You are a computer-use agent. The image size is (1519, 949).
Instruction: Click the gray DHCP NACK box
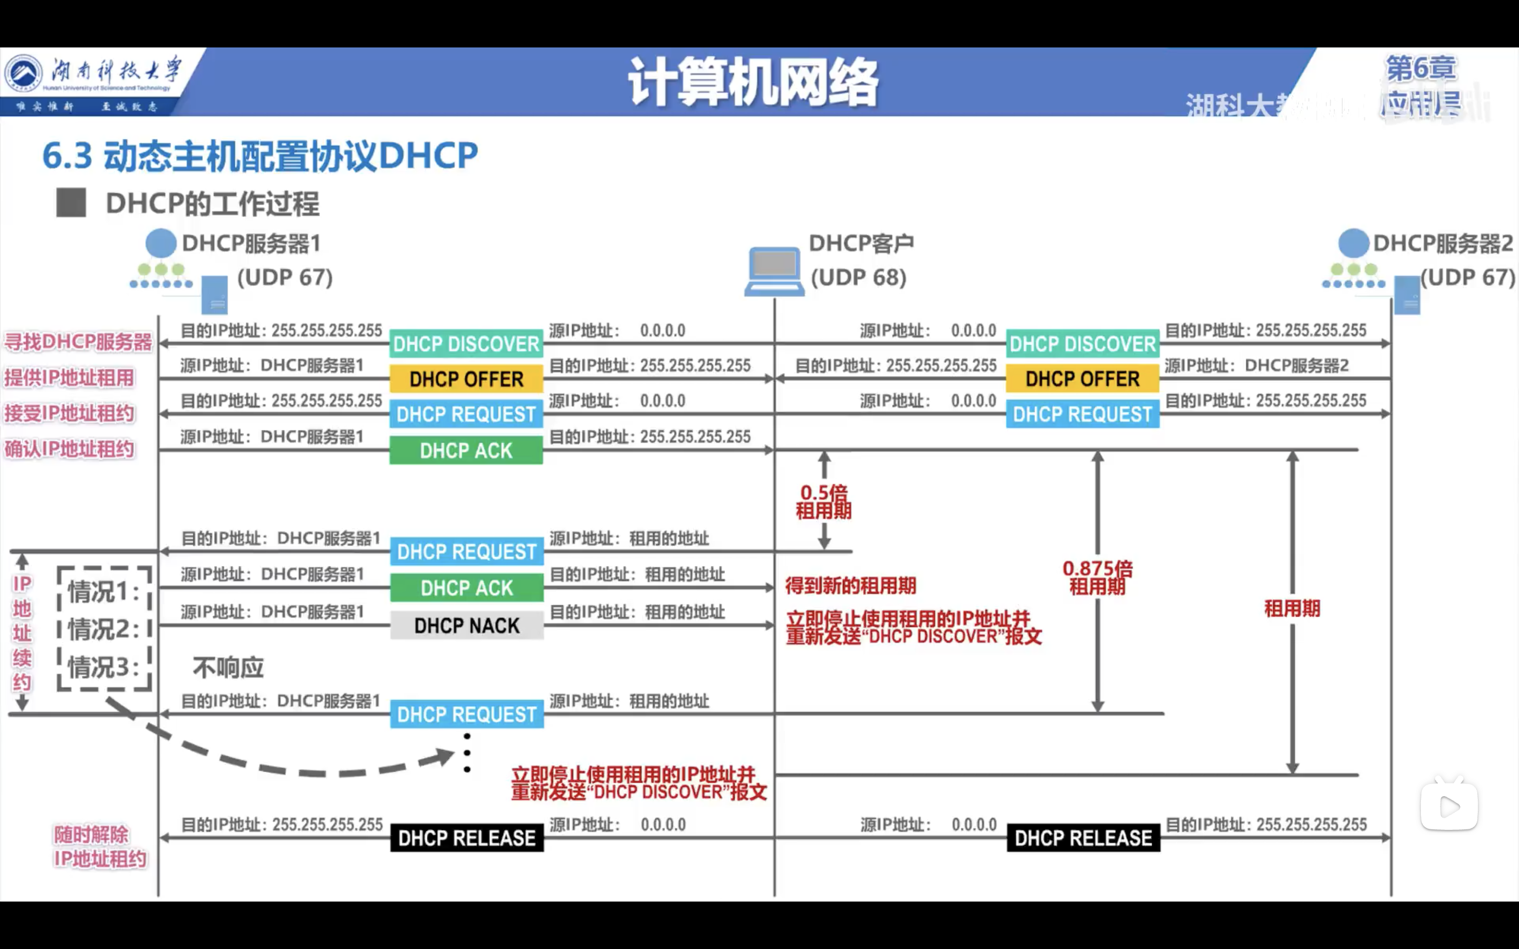pyautogui.click(x=466, y=626)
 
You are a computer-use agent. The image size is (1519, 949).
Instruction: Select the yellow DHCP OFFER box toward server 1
pyautogui.click(x=466, y=379)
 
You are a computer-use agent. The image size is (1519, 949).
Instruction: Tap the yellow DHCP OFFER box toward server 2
pyautogui.click(x=1082, y=379)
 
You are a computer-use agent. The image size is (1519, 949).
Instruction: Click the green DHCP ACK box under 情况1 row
pyautogui.click(x=466, y=588)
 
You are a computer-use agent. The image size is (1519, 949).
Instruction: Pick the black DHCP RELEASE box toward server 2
pyautogui.click(x=1083, y=838)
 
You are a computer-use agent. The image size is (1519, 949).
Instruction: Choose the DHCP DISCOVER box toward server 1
pyautogui.click(x=466, y=344)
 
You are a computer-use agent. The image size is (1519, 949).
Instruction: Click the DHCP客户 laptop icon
pyautogui.click(x=774, y=271)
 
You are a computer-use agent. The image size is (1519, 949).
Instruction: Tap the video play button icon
pyautogui.click(x=1449, y=807)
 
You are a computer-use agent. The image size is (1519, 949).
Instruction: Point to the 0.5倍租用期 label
pyautogui.click(x=823, y=501)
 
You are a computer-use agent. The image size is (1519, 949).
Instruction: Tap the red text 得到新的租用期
pyautogui.click(x=851, y=586)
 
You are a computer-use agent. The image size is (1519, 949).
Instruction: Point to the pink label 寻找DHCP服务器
pyautogui.click(x=79, y=342)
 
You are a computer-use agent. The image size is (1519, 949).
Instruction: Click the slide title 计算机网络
pyautogui.click(x=753, y=82)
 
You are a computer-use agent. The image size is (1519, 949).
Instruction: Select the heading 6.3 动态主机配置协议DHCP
pyautogui.click(x=260, y=156)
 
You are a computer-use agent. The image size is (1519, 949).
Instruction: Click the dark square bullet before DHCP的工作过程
pyautogui.click(x=71, y=204)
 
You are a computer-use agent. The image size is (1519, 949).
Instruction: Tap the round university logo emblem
pyautogui.click(x=23, y=73)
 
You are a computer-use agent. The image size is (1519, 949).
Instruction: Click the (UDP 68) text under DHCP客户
pyautogui.click(x=858, y=277)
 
